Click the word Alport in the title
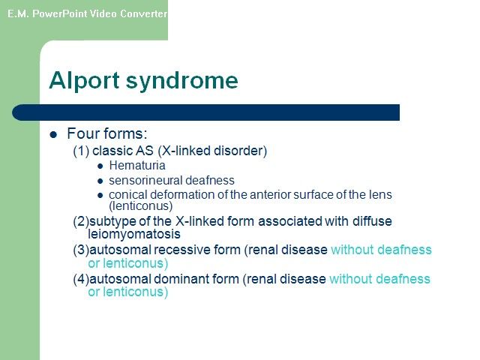[x=84, y=80]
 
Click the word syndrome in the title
[x=181, y=81]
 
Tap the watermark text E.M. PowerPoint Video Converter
[x=87, y=13]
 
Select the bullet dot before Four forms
[x=53, y=134]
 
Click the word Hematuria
[x=137, y=165]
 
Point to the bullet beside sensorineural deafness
[x=100, y=181]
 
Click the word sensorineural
[x=145, y=180]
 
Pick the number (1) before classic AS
[x=81, y=151]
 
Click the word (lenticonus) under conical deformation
[x=141, y=205]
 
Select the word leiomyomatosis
[x=134, y=234]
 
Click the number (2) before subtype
[x=81, y=221]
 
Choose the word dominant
[x=181, y=279]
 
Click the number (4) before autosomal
[x=81, y=279]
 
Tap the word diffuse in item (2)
[x=372, y=221]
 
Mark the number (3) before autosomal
[x=81, y=250]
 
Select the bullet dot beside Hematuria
[x=100, y=166]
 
